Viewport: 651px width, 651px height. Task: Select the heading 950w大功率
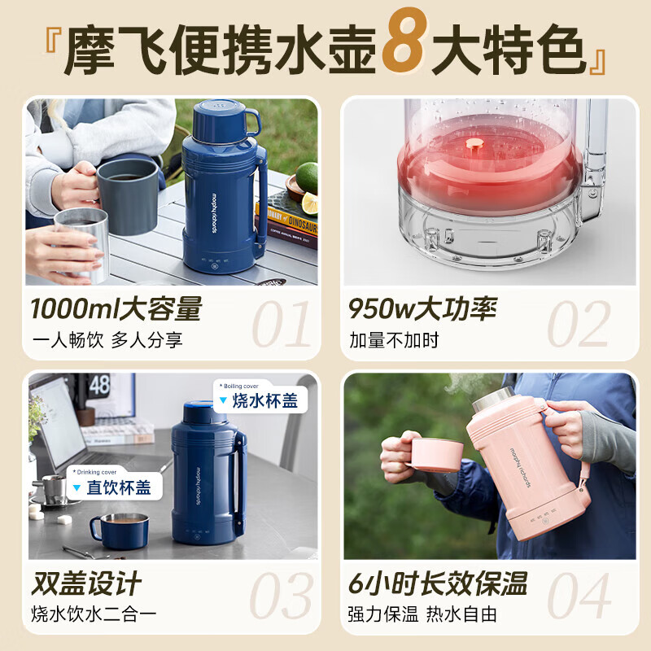point(422,309)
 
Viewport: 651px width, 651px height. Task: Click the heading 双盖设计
point(86,583)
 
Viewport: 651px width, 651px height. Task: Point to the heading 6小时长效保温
point(438,583)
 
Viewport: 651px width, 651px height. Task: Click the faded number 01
point(281,324)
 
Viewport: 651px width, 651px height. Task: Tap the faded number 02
point(578,324)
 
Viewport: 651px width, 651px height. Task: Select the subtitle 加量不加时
point(394,340)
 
